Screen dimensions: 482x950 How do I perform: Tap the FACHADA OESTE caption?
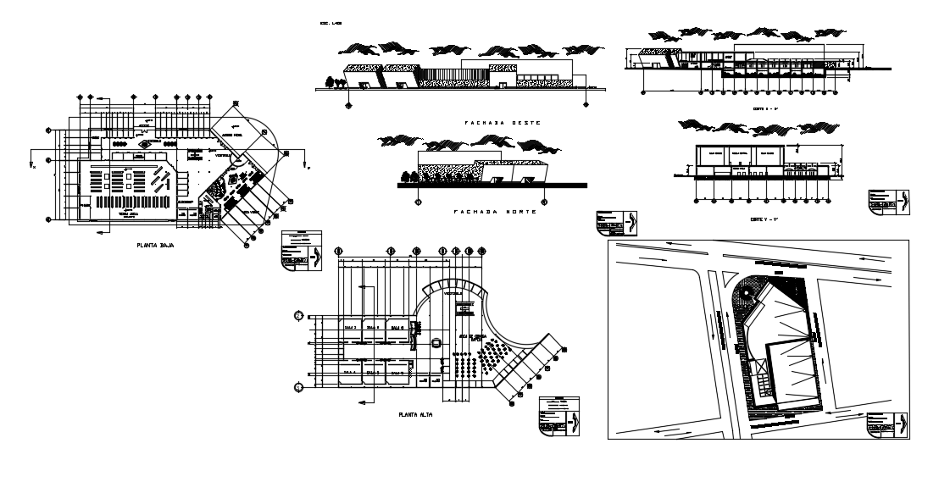tap(502, 123)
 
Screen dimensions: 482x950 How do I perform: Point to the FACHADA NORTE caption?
tap(495, 212)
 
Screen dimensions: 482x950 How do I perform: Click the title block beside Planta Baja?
tap(302, 252)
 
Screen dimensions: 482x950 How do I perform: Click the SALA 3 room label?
tap(349, 326)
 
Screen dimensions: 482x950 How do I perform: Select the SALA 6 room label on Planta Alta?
tap(395, 326)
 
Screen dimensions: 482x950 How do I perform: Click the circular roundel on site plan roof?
tap(746, 292)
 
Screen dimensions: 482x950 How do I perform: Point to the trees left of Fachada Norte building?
tap(409, 176)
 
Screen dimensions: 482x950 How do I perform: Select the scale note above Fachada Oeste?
tap(328, 24)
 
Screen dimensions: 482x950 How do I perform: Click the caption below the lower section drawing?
tap(757, 218)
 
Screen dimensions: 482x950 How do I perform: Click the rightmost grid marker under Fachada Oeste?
tap(585, 104)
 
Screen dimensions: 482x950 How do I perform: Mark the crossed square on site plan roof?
tap(760, 368)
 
